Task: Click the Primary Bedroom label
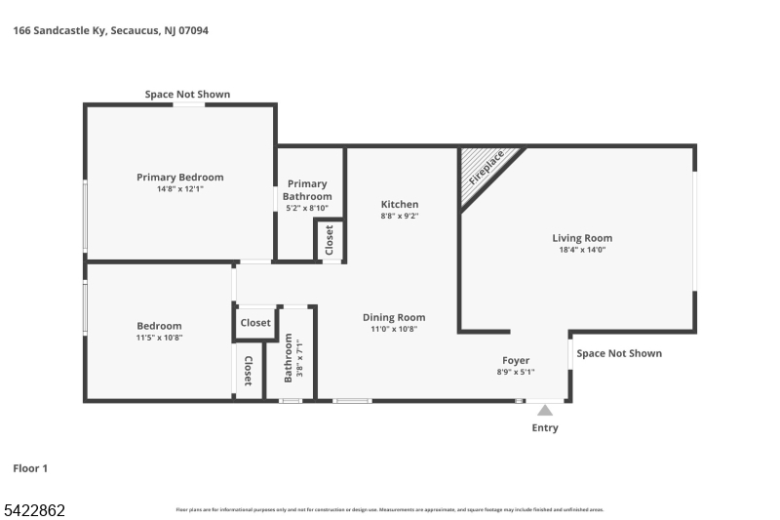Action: tap(179, 177)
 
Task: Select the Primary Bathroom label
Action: tap(307, 189)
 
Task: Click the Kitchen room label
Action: tap(400, 204)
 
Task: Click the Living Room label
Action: tap(582, 238)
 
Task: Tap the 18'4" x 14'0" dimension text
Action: tap(582, 250)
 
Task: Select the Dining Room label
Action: tap(394, 317)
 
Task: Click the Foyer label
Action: tap(516, 360)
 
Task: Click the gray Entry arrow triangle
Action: tap(545, 410)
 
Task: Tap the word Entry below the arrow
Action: tap(545, 428)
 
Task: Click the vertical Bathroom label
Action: tap(289, 357)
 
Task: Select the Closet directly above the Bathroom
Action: tap(255, 323)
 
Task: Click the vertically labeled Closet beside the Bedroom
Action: tap(249, 371)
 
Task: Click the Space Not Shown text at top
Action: tap(187, 95)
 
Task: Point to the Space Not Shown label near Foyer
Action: tap(618, 353)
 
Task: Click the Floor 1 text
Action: tap(30, 468)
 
